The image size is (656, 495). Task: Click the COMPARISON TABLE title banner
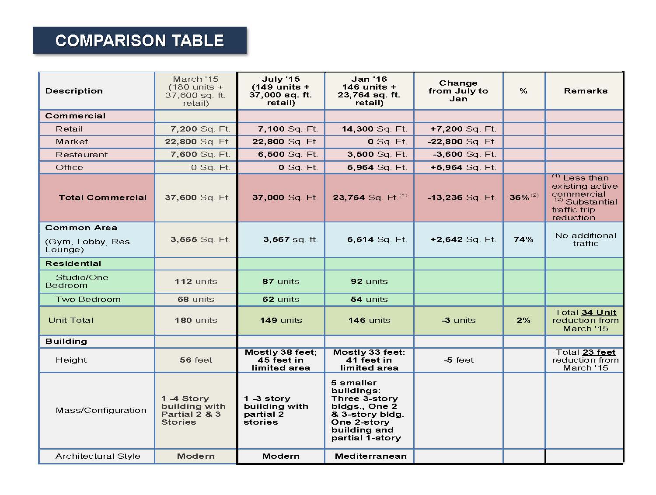click(x=140, y=41)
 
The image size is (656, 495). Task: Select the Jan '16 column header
click(x=369, y=91)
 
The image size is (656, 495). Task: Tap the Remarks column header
click(x=585, y=91)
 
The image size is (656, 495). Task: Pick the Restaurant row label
click(x=81, y=155)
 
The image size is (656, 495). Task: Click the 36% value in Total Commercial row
click(x=520, y=197)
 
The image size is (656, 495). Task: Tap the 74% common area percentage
click(x=523, y=239)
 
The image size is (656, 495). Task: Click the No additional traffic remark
click(x=585, y=239)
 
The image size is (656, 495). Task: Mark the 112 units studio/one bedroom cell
click(x=196, y=281)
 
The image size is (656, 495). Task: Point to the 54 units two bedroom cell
click(x=369, y=299)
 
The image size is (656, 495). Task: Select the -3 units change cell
click(x=458, y=320)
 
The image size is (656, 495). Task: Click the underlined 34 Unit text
click(x=599, y=312)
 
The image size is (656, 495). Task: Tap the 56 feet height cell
click(x=196, y=360)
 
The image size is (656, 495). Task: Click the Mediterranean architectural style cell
click(x=370, y=456)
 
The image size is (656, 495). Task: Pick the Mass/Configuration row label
click(x=101, y=410)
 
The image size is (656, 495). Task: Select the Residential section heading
click(x=73, y=263)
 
